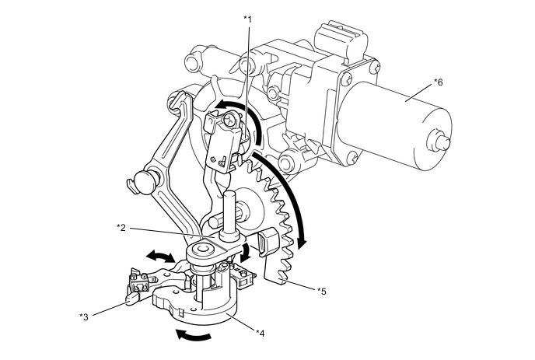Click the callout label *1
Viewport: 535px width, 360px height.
(247, 18)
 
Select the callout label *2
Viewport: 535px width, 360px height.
(121, 227)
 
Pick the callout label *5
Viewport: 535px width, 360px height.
(322, 290)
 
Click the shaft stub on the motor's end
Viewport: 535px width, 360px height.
(444, 142)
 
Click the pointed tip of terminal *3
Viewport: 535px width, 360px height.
(127, 299)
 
